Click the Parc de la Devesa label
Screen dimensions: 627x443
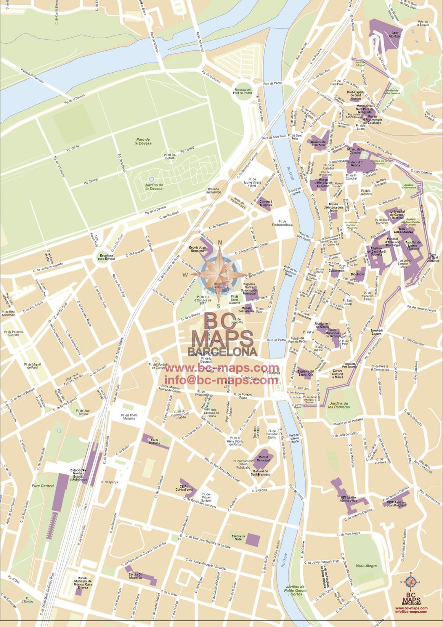tap(143, 141)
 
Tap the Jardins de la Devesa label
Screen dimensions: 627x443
tap(154, 187)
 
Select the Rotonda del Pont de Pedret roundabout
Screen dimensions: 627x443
tap(243, 91)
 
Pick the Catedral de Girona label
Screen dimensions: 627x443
tap(355, 163)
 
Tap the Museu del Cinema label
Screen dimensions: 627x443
tap(246, 309)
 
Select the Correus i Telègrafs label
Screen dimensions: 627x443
tap(265, 203)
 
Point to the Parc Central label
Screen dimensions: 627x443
tap(43, 486)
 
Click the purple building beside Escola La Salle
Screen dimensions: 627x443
tap(253, 539)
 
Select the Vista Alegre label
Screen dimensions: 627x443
tap(366, 566)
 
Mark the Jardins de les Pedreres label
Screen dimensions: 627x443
tap(339, 405)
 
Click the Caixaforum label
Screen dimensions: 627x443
tap(337, 271)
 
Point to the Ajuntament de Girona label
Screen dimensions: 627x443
tap(322, 325)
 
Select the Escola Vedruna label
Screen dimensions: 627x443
tap(155, 442)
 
